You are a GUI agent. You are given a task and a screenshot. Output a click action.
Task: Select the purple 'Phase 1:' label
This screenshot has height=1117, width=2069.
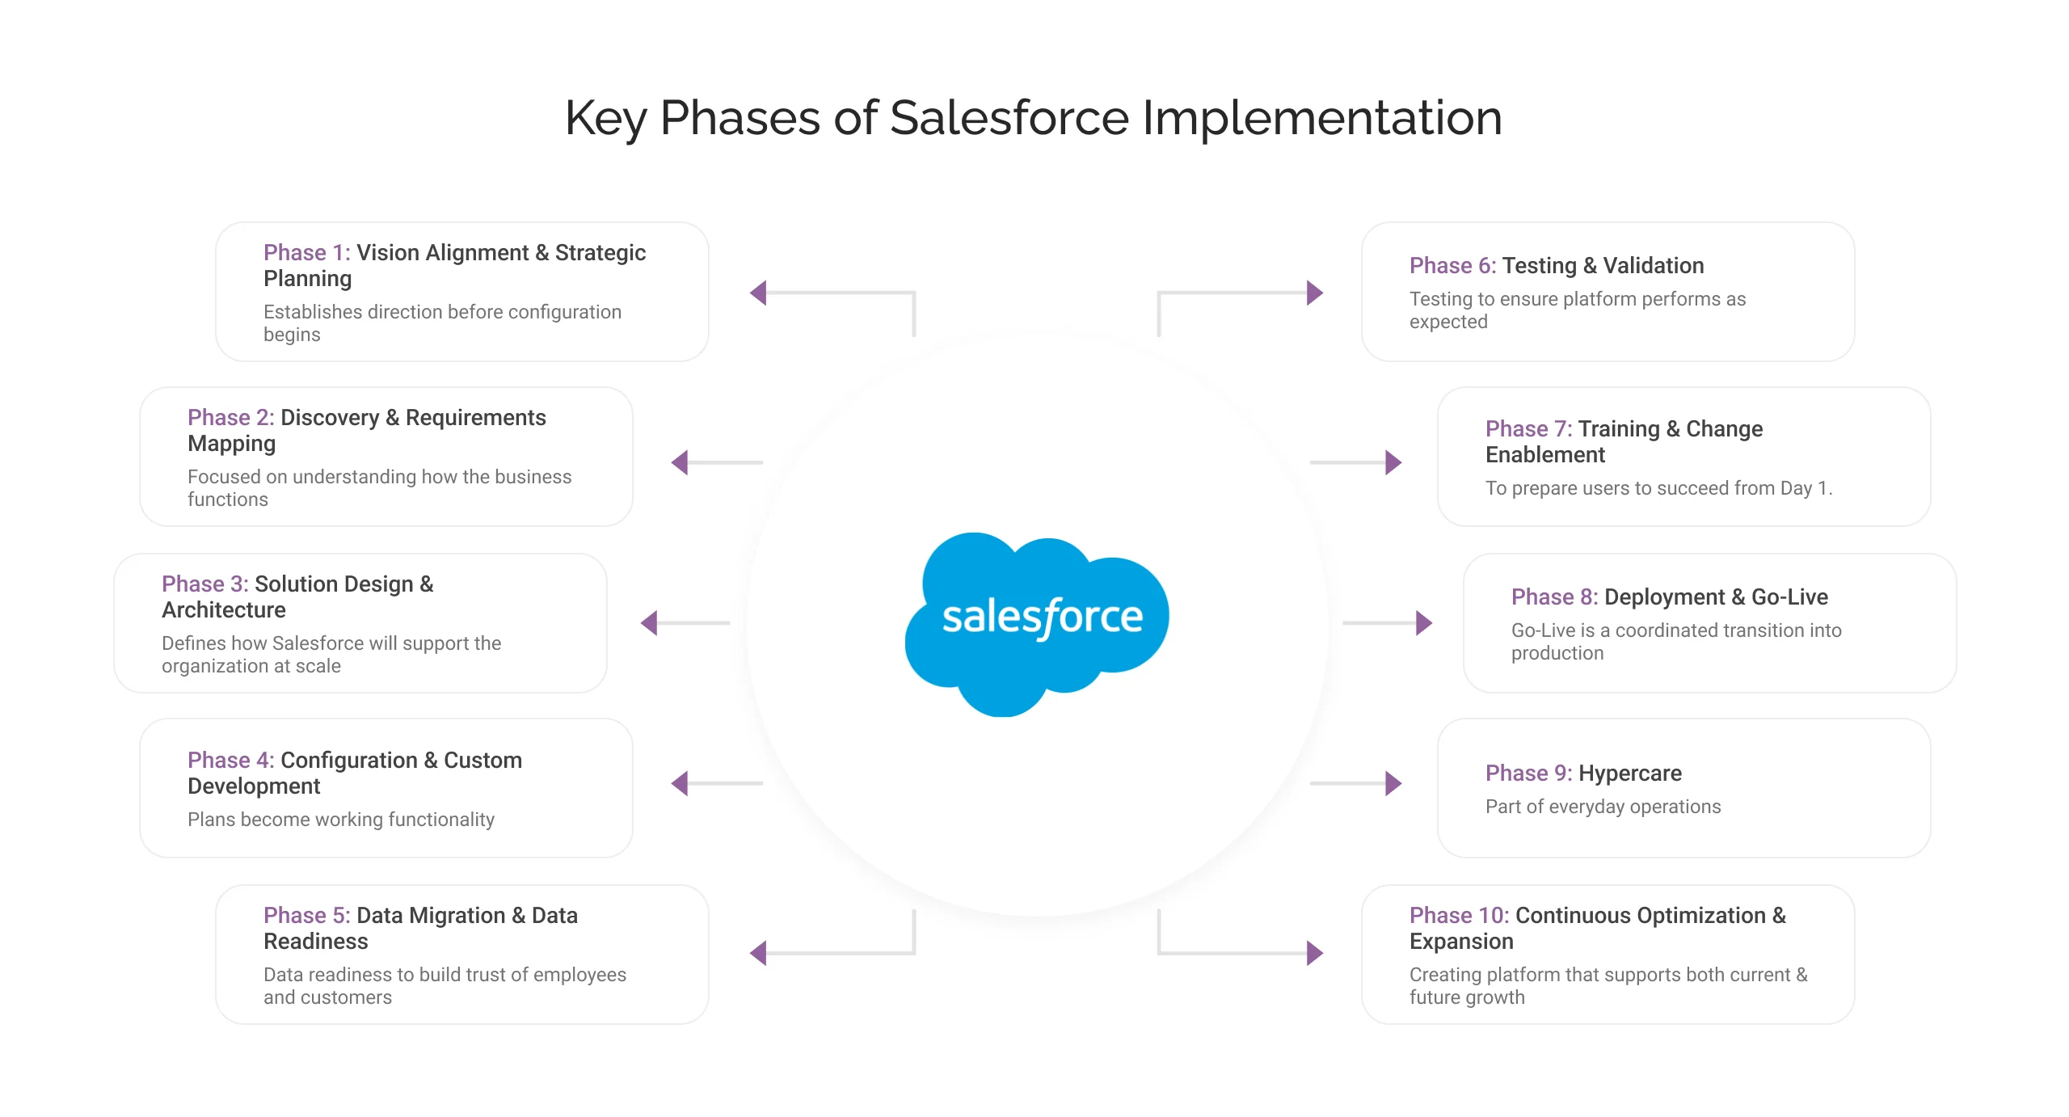[306, 253]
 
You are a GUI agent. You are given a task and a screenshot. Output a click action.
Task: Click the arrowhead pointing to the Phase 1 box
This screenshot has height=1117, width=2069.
[759, 293]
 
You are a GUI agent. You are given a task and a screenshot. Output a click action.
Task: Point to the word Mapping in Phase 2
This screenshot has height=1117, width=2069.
[231, 444]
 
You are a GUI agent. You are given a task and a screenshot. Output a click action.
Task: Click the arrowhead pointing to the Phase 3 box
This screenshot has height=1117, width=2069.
[649, 623]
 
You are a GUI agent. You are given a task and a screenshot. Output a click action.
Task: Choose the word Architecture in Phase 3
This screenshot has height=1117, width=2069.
[223, 610]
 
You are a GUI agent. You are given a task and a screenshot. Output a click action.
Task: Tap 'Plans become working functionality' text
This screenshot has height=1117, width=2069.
[340, 820]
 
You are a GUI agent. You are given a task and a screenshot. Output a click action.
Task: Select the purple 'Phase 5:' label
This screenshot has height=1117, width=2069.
[306, 916]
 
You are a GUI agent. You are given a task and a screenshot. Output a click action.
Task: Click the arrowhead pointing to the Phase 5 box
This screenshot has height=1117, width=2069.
[759, 953]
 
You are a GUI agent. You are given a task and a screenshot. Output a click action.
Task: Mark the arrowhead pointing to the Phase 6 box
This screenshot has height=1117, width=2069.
[1315, 293]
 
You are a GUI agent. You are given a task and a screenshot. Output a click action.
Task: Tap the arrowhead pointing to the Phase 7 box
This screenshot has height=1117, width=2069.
[1393, 462]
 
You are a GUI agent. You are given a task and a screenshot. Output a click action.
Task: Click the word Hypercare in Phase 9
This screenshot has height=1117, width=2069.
[1629, 773]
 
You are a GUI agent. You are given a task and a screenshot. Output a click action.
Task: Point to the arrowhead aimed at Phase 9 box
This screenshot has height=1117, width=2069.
[1393, 783]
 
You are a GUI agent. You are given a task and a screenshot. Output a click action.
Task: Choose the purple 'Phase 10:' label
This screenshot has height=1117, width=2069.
[1459, 916]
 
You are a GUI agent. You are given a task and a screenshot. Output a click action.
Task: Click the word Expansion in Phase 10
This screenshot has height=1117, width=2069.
[1461, 942]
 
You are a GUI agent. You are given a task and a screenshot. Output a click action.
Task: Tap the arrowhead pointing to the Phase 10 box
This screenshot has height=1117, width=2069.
[1315, 953]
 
